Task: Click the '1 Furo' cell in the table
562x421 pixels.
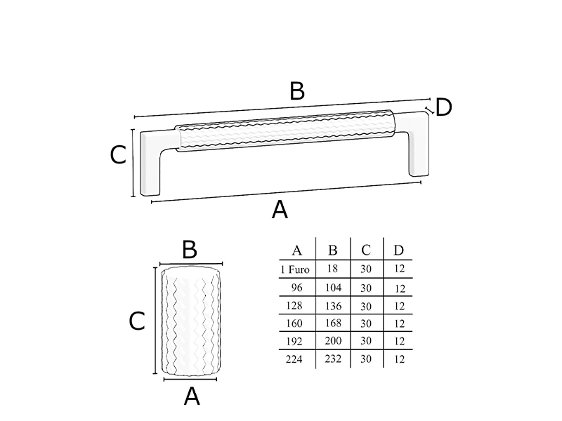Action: click(295, 269)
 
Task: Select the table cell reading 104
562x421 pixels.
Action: click(333, 288)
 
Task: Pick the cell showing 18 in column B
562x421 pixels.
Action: click(333, 269)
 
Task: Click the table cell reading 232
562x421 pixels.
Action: click(333, 359)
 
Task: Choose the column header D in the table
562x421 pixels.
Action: click(398, 250)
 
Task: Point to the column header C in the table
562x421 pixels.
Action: click(366, 250)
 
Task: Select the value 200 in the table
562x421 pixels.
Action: click(333, 341)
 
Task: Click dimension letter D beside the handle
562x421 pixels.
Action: click(443, 107)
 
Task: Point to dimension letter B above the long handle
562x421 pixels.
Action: click(296, 91)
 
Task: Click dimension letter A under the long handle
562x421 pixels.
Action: click(280, 209)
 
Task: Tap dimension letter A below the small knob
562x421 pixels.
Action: click(191, 396)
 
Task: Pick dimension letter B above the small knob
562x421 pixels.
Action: click(189, 250)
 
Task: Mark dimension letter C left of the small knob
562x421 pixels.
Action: click(137, 321)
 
